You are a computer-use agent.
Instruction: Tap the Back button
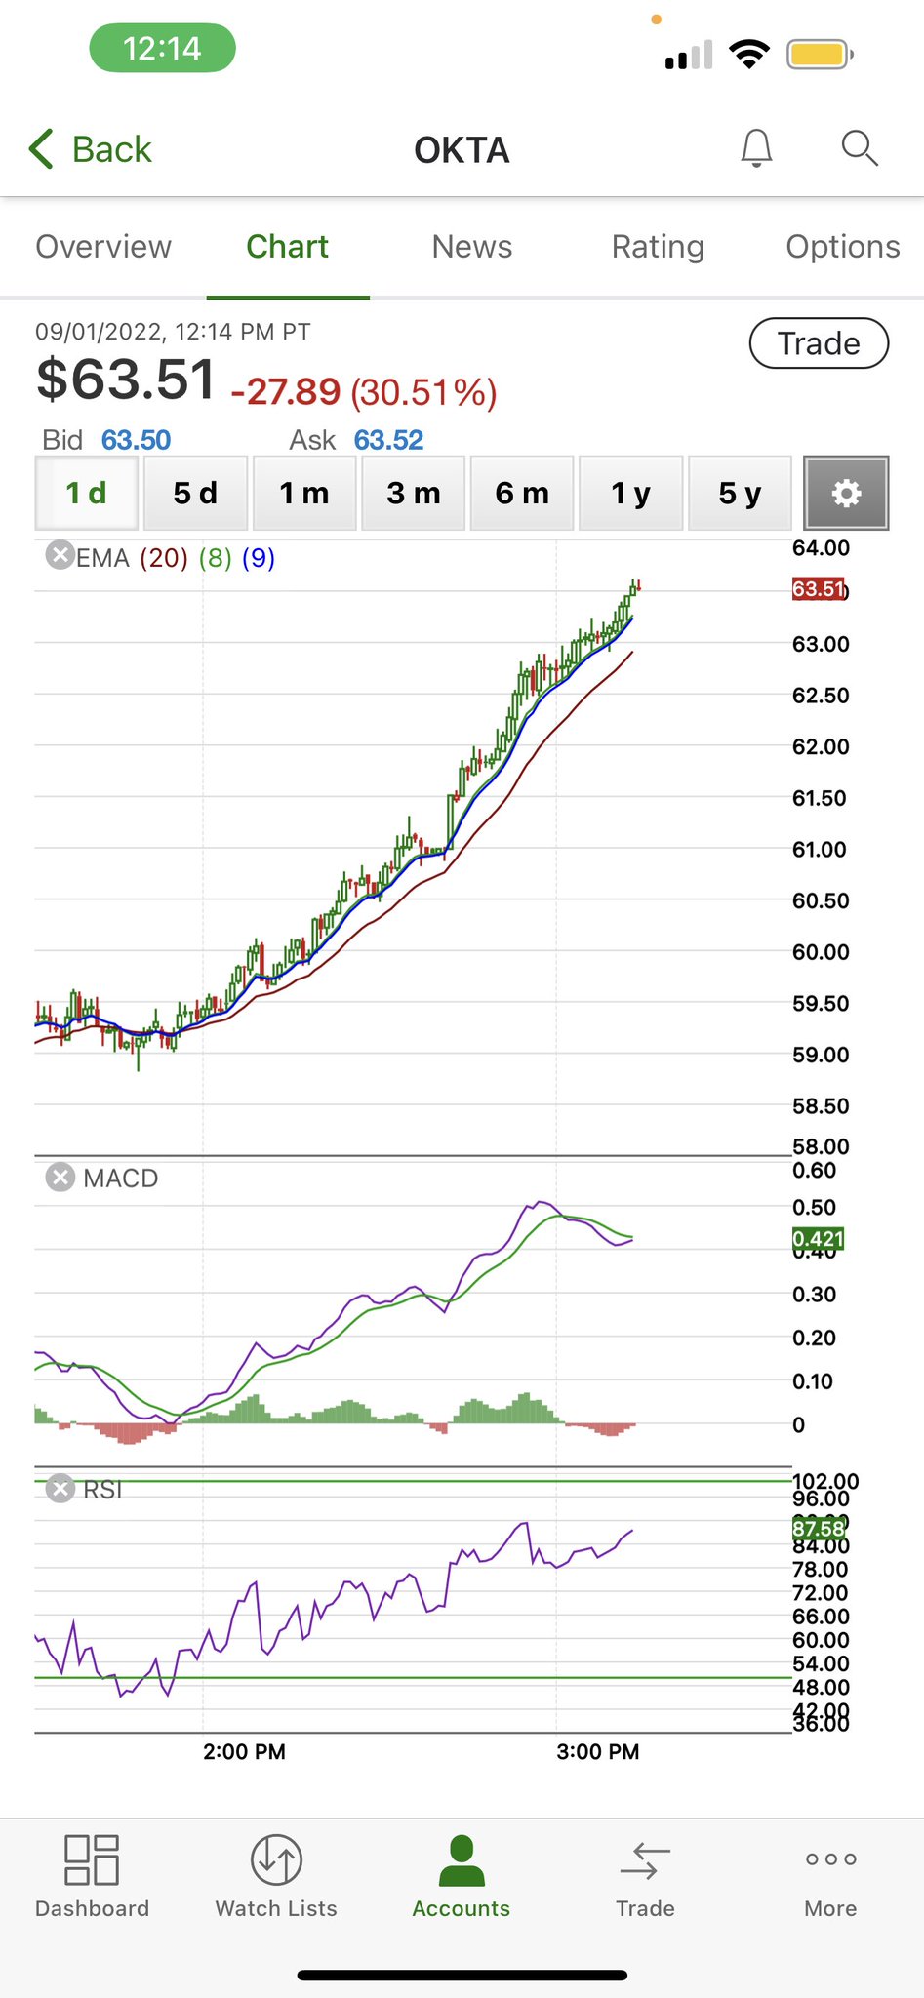point(91,149)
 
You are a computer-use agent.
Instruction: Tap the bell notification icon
point(756,149)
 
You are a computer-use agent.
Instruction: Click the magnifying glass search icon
point(860,148)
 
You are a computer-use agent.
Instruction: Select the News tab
point(472,247)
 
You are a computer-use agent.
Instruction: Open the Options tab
point(842,247)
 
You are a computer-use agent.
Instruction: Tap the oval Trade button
point(819,343)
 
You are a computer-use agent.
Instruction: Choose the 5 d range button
point(195,493)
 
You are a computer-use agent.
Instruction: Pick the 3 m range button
point(413,493)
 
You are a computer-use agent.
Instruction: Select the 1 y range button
point(630,493)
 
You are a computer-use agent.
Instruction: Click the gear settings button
point(846,493)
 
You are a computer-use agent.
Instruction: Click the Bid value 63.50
point(136,440)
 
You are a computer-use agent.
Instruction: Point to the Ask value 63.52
point(388,440)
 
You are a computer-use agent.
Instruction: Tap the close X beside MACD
point(60,1178)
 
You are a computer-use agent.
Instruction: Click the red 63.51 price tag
point(818,589)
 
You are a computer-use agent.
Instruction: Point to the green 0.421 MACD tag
point(818,1239)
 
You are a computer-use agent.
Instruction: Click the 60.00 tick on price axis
point(821,952)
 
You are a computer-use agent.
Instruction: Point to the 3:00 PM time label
point(597,1751)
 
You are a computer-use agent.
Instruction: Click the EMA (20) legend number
point(164,558)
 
